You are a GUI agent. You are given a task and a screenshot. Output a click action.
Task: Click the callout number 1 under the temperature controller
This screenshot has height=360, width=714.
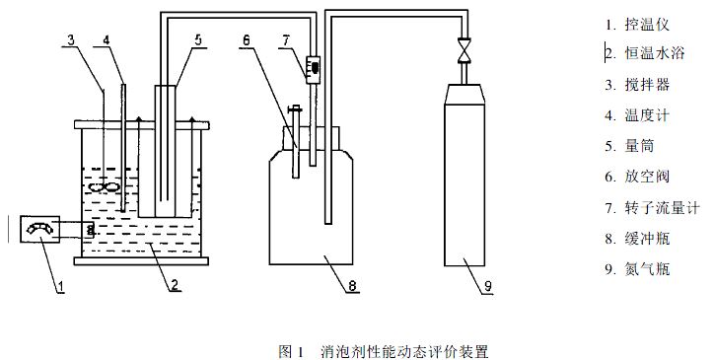[60, 287]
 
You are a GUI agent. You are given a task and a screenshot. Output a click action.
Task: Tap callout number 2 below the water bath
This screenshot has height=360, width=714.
[174, 286]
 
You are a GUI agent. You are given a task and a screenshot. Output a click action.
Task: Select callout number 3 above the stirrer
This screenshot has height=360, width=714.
[71, 39]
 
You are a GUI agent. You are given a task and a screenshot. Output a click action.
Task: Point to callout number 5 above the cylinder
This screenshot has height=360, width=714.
[198, 40]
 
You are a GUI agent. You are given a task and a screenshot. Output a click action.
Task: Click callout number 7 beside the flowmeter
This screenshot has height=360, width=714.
[286, 40]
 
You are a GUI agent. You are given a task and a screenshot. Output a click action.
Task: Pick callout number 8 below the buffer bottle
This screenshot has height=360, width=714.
[352, 286]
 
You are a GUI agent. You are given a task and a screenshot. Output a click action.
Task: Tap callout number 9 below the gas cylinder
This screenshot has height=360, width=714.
[488, 287]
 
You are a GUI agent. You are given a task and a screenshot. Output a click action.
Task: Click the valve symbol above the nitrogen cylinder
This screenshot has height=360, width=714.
[464, 49]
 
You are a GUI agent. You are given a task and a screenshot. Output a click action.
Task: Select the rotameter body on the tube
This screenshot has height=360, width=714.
[313, 69]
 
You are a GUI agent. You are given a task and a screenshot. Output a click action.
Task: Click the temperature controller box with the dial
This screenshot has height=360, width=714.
[40, 229]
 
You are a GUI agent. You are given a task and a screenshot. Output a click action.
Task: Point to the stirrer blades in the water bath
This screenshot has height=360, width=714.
[105, 186]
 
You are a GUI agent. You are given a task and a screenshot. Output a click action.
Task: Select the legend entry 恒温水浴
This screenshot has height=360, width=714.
[655, 54]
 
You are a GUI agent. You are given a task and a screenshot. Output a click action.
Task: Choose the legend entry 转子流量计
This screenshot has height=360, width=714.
[662, 208]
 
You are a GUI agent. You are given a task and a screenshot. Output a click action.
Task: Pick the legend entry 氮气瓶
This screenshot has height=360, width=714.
[647, 269]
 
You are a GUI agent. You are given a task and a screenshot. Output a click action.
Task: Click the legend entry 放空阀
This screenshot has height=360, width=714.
[647, 177]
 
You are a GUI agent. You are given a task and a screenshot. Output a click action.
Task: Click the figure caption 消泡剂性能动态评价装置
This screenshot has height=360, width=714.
[404, 351]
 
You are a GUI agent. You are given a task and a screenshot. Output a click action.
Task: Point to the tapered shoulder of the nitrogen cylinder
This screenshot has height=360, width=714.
[464, 94]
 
